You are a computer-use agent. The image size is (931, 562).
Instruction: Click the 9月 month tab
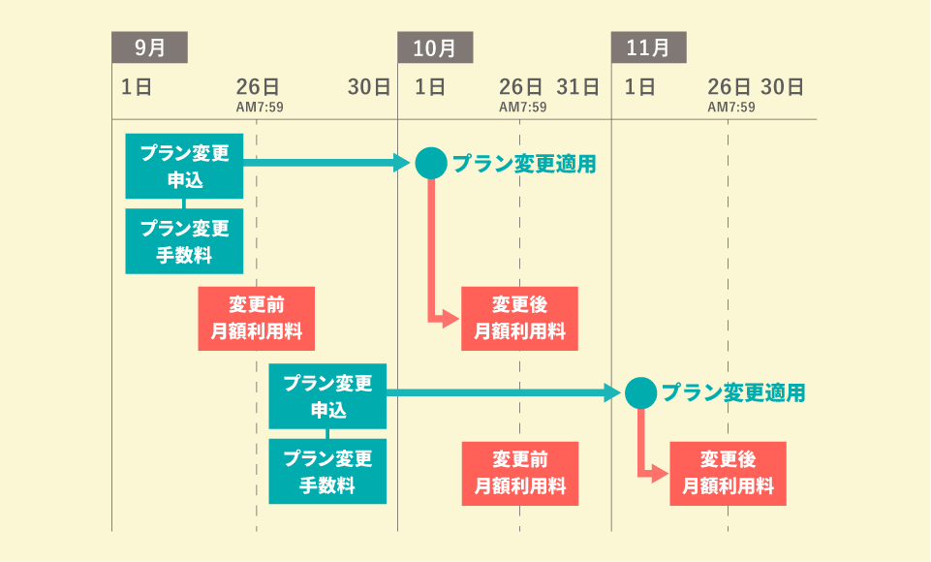[149, 47]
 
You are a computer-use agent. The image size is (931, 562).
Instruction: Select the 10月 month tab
[435, 47]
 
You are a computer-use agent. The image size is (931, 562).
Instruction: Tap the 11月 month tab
[648, 47]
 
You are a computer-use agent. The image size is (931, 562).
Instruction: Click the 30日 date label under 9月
[368, 87]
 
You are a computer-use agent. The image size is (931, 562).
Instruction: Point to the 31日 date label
[578, 87]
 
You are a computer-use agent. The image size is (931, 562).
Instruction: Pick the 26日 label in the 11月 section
[729, 87]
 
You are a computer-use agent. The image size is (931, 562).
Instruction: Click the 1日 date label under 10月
[430, 87]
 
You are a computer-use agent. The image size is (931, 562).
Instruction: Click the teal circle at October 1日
[431, 163]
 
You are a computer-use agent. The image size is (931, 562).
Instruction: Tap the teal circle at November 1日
[640, 392]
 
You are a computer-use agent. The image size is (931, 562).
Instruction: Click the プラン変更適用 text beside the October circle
[524, 164]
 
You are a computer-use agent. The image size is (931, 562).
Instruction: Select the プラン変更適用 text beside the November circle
[733, 392]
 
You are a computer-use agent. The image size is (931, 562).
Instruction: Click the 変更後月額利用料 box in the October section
[519, 318]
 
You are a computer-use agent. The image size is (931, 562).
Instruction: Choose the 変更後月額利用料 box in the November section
[728, 473]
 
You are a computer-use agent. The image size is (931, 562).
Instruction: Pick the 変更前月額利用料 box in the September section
[257, 318]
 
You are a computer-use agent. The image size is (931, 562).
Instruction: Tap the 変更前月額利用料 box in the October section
[519, 473]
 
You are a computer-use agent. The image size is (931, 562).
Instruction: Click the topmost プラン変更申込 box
[184, 167]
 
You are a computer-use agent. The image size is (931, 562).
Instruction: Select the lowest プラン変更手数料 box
[326, 472]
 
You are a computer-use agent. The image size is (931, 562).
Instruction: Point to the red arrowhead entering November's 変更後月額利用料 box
[663, 473]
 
